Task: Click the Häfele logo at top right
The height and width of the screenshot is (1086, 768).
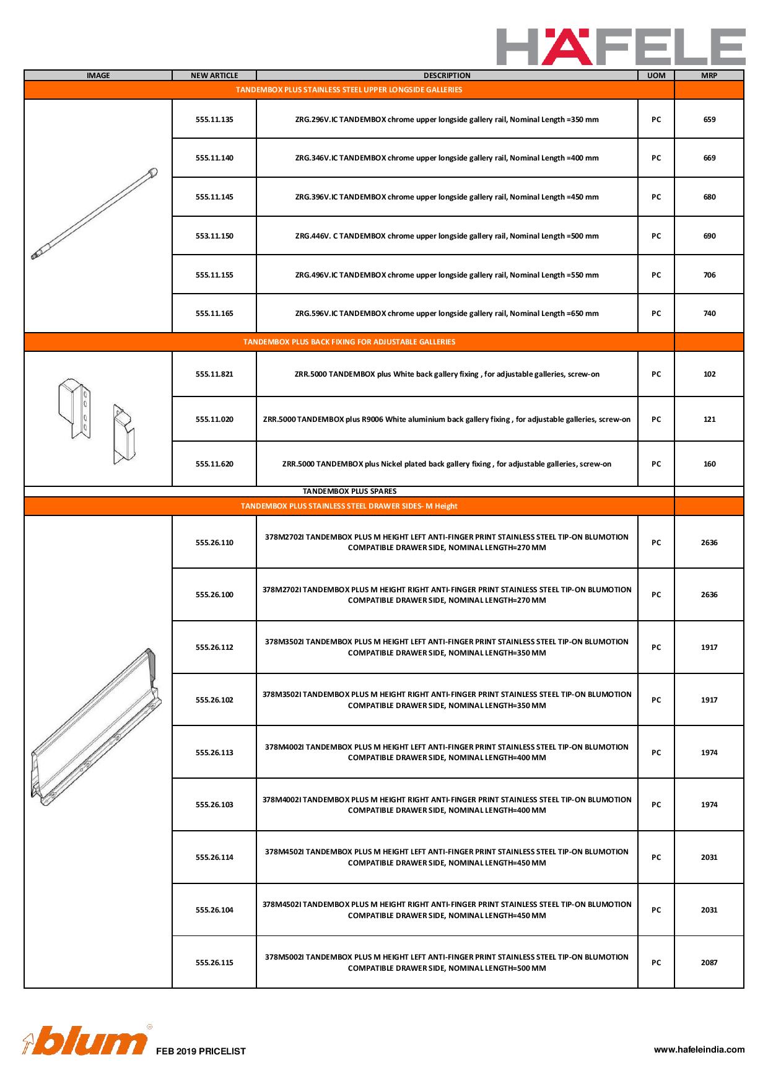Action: pos(621,46)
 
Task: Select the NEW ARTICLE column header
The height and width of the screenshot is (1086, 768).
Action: pos(214,76)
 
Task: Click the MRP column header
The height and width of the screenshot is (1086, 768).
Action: pos(709,76)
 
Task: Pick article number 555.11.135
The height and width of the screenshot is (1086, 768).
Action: pos(214,120)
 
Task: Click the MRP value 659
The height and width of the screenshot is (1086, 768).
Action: pos(709,120)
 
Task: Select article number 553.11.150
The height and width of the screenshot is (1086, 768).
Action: pos(214,236)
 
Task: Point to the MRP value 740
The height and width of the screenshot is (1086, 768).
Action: pos(709,313)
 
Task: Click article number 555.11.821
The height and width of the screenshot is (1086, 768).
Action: pos(214,374)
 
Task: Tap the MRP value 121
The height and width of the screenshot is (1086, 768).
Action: pos(709,419)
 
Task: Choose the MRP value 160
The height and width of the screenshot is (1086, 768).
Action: pos(709,464)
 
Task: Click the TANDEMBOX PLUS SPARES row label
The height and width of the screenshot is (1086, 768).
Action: pos(349,491)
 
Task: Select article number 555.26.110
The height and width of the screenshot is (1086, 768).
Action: pos(214,543)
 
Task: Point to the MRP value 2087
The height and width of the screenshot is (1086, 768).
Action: pos(709,963)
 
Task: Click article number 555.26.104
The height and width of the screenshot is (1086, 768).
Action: pos(214,910)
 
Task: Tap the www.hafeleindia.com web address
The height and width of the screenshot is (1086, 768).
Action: pos(699,1049)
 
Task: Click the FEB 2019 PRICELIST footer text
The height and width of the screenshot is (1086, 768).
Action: pos(201,1051)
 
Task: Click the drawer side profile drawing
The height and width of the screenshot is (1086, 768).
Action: pos(96,728)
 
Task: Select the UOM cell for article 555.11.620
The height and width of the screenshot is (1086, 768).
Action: pos(656,464)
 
